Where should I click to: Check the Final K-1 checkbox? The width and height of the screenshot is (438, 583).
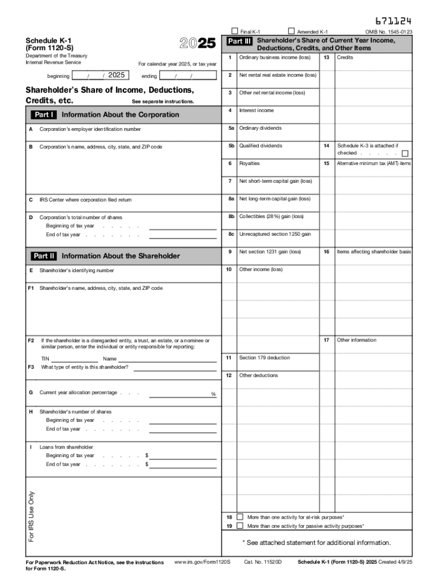coord(234,31)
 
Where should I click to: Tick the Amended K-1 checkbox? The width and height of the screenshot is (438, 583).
coord(292,31)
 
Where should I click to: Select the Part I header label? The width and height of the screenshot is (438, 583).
coord(44,114)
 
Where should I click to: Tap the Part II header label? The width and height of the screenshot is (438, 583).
coord(44,256)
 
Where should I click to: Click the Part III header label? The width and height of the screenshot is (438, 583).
coord(239,42)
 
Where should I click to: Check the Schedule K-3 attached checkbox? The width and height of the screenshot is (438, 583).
coord(405,153)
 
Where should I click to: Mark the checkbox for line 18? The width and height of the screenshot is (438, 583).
coord(239,517)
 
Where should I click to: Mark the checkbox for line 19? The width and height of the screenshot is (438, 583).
coord(239,526)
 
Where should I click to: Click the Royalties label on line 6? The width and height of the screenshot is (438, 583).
coord(249,163)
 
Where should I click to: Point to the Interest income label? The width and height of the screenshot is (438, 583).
coord(256,110)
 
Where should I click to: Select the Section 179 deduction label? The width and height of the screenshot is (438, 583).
coord(265,358)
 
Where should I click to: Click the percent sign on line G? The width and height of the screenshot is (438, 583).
coord(213,394)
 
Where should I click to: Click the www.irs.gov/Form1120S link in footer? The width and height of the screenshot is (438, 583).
coord(202,562)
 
